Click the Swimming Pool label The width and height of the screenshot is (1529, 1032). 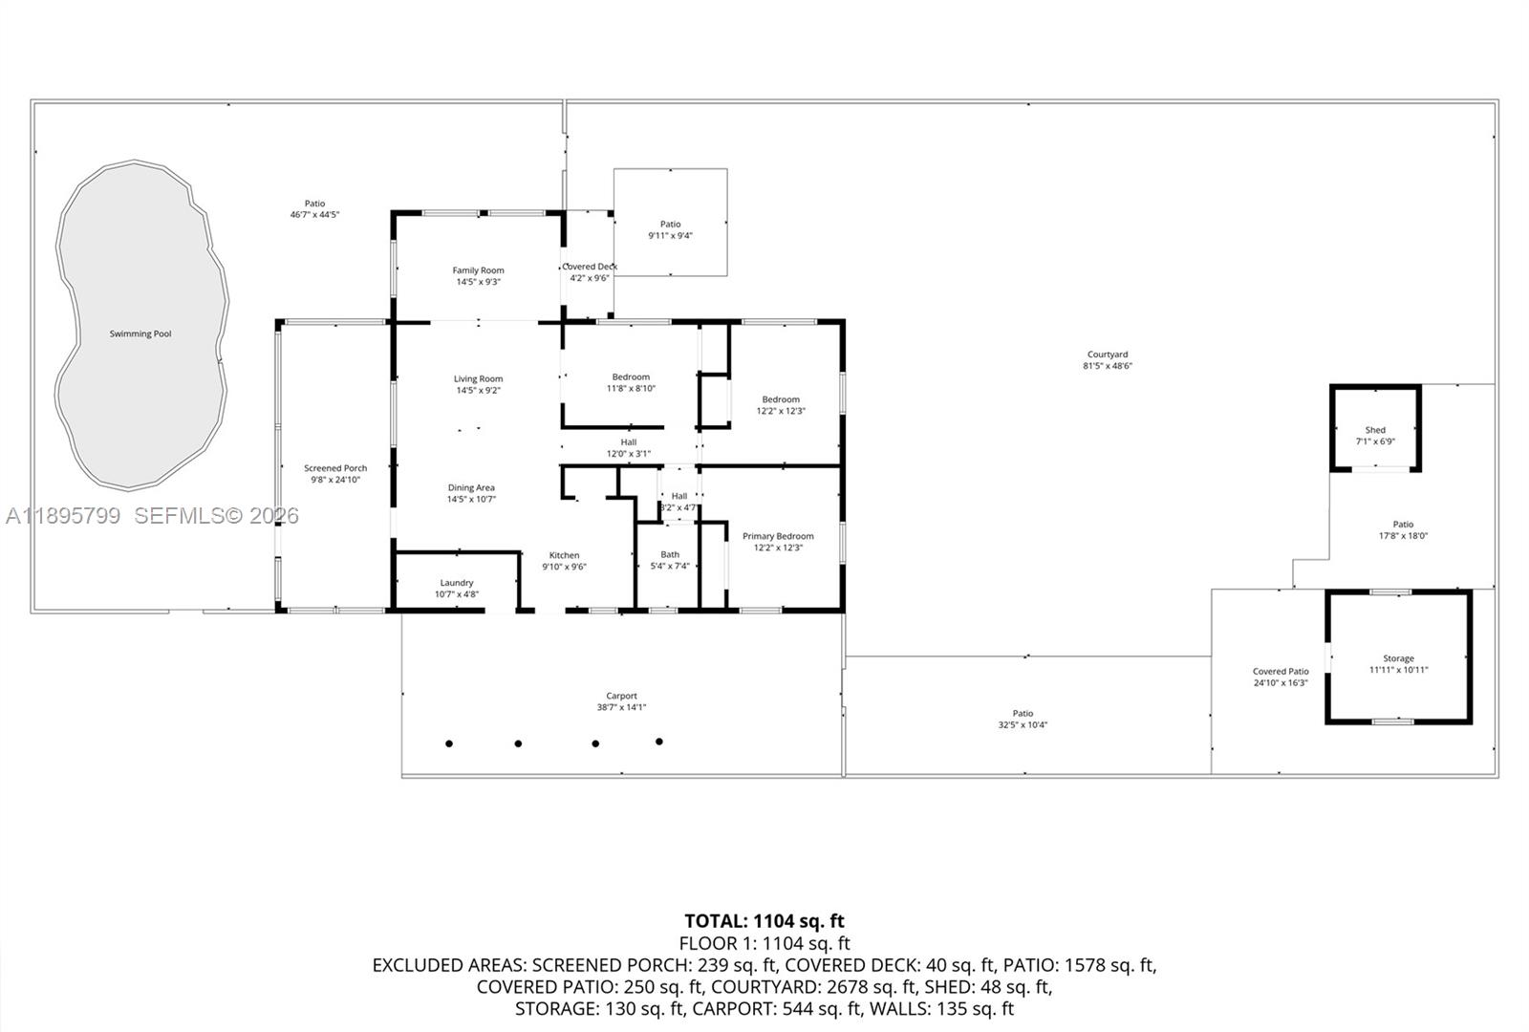[140, 333]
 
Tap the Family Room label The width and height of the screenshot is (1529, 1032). [478, 270]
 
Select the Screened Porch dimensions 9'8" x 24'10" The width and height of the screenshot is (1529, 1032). [335, 480]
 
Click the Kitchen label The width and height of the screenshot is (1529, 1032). [564, 555]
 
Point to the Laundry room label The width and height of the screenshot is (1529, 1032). [457, 583]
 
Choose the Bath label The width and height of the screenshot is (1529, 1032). [670, 554]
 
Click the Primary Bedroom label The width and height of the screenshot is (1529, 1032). [778, 536]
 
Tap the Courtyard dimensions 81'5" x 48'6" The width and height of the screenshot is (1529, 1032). [1108, 366]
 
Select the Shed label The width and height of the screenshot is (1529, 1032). [1375, 430]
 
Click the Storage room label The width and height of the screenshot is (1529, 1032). [1398, 658]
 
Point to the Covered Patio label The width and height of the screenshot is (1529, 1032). [1281, 672]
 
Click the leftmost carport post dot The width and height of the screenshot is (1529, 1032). [449, 743]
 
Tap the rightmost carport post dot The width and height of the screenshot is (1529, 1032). [659, 742]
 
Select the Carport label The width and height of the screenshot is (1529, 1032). [621, 696]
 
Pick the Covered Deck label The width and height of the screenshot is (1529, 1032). [591, 267]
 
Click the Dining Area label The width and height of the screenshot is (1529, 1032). [471, 487]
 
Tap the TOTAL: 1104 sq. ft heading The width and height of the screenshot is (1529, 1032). [764, 921]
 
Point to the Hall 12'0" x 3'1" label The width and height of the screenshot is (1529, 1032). [628, 442]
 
